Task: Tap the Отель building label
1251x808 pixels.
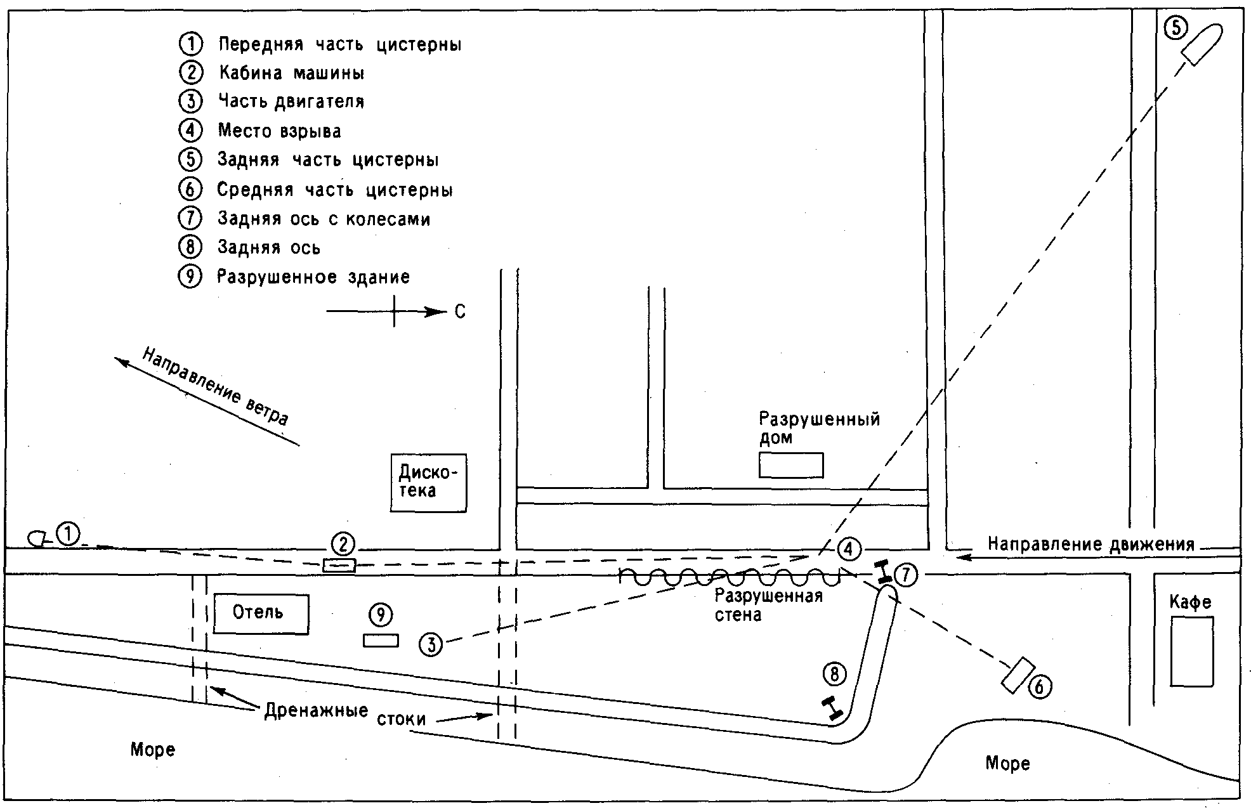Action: (258, 612)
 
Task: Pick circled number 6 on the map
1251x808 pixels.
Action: (1039, 686)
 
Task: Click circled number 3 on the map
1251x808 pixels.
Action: (431, 644)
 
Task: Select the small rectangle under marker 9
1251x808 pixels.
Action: (381, 641)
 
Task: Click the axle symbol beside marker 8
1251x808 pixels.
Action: (832, 708)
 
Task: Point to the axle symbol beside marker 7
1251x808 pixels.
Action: (882, 573)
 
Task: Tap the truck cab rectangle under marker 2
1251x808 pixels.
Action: (339, 565)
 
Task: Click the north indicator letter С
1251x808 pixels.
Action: (460, 312)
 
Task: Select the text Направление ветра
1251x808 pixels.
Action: (215, 386)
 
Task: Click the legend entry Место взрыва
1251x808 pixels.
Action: (279, 131)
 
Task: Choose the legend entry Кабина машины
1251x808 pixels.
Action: (292, 73)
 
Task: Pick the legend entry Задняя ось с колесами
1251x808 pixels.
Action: (324, 219)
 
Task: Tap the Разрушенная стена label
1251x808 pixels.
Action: (768, 605)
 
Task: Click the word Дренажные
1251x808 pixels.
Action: (316, 710)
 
